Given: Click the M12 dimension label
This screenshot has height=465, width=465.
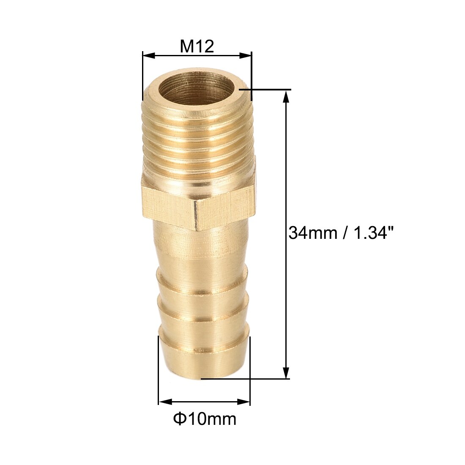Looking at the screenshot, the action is coord(197,46).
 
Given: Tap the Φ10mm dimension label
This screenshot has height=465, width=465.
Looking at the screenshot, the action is coord(205,419).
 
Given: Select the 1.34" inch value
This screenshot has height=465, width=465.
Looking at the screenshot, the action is coord(373,232).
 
